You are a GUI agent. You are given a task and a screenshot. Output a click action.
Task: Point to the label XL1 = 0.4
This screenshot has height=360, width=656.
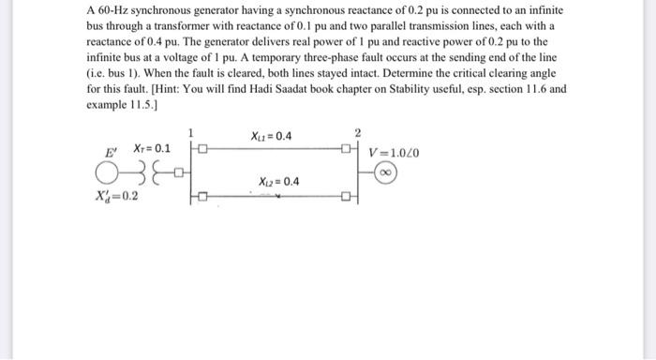(x=272, y=137)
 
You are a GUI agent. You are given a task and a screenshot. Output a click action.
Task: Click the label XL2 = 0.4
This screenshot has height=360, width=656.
(x=278, y=180)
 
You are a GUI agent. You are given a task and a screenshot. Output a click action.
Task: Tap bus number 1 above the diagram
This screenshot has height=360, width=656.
(x=192, y=132)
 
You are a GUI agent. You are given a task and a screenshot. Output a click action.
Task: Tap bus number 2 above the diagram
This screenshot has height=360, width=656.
(x=357, y=132)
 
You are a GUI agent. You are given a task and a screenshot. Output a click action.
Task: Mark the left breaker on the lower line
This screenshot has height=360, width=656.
(x=200, y=197)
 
